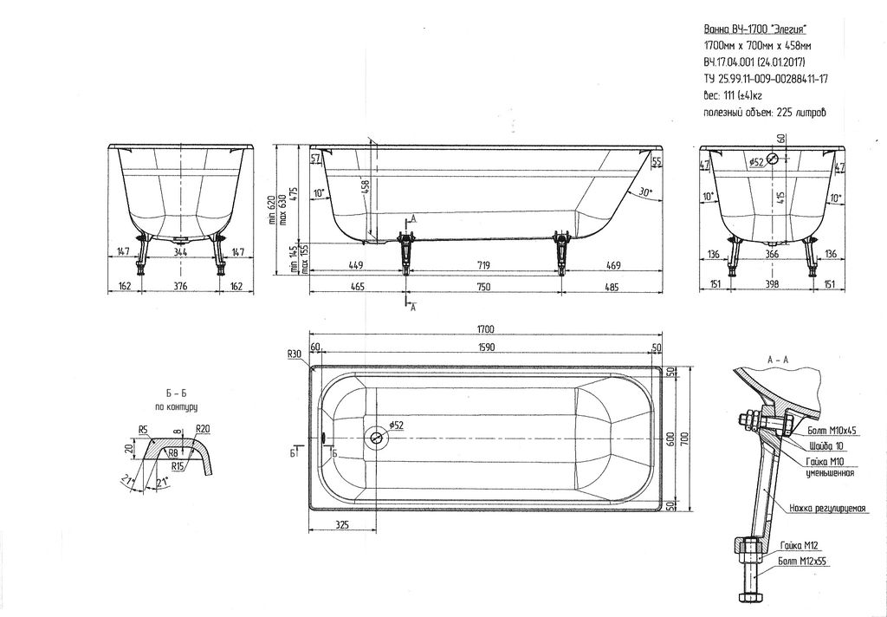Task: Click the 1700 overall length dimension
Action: (485, 329)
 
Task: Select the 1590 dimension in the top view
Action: (486, 347)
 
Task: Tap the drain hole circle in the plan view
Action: (376, 438)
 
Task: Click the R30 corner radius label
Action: (295, 354)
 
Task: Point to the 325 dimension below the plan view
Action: (342, 525)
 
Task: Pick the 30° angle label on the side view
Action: (645, 192)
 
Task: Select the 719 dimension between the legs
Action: (483, 265)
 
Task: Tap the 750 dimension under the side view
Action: (483, 287)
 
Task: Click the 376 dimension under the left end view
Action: (180, 286)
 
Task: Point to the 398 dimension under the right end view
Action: (772, 283)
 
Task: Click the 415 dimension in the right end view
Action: (780, 198)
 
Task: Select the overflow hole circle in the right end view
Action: (774, 159)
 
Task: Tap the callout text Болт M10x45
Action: (832, 431)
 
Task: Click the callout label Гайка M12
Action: (800, 546)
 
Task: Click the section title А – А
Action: (778, 360)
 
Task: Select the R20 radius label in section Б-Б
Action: (203, 429)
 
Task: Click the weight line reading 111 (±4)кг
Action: (733, 95)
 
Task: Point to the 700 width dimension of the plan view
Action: (685, 438)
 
